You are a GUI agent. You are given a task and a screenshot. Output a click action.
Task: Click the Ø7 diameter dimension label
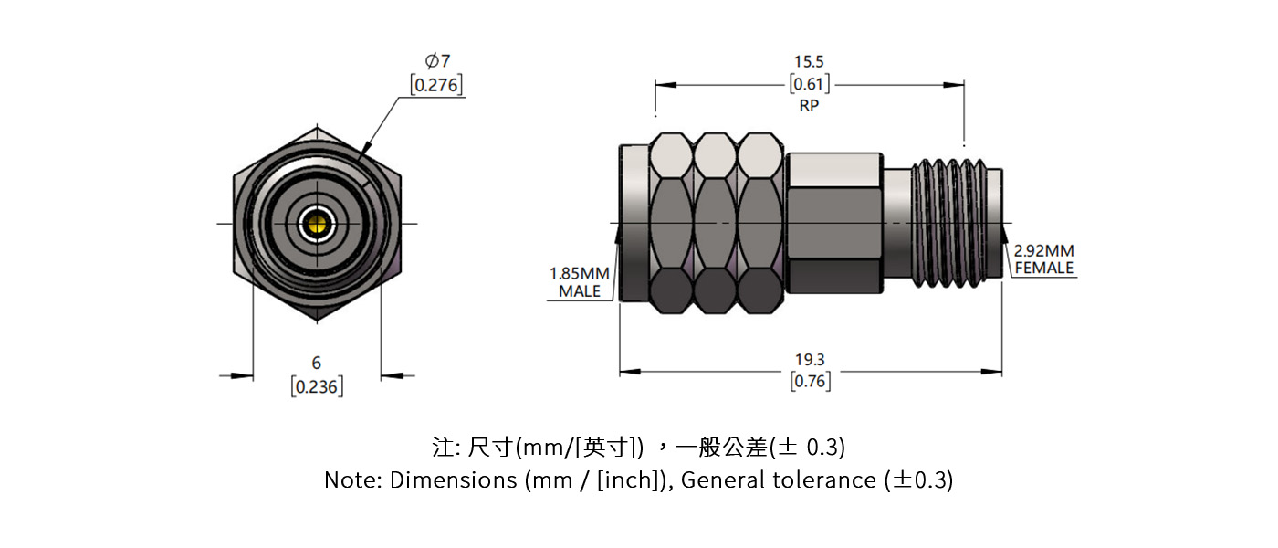[437, 61]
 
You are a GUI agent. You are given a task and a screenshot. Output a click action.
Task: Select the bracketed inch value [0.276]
[436, 85]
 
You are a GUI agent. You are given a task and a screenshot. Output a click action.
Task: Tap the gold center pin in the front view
[318, 223]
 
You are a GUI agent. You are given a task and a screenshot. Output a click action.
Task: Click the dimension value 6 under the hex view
[317, 363]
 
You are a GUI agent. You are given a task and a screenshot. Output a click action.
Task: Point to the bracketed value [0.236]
[317, 386]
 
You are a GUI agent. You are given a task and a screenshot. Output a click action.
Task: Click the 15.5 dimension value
[809, 61]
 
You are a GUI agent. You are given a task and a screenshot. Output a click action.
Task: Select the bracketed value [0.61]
[809, 85]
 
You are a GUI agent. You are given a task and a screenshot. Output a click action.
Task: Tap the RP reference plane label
[809, 106]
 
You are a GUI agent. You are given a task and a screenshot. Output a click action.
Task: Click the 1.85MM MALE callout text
[581, 282]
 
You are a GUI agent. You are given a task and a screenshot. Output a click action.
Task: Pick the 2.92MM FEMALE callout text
[1044, 259]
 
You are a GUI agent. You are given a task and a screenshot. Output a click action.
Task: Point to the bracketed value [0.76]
[810, 381]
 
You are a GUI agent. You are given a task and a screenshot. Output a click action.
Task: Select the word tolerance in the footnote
[825, 479]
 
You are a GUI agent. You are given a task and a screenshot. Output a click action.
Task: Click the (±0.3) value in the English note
[919, 479]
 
